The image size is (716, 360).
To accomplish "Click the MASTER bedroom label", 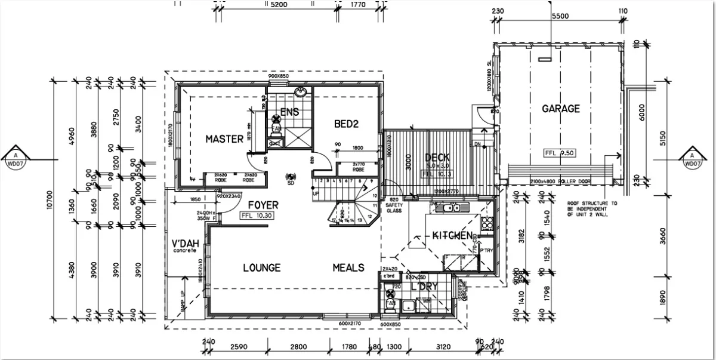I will tap(224, 139).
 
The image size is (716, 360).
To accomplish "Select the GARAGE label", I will tap(560, 109).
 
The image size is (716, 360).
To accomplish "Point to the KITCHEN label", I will tap(453, 235).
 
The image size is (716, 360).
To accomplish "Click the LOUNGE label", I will tap(261, 267).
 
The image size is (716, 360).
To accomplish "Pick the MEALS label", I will tap(348, 267).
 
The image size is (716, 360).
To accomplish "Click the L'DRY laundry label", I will tap(424, 287).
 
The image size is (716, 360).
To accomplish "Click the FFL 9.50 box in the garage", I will tap(560, 152).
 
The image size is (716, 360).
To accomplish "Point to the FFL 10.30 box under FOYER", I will tap(257, 216).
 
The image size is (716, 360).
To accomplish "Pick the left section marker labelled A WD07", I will tap(24, 156).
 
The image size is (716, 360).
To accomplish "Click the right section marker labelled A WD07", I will tap(692, 156).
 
